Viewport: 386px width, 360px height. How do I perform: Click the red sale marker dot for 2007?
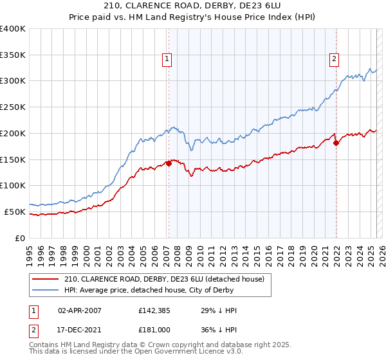(169, 163)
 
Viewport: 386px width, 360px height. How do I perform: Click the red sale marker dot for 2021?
(336, 143)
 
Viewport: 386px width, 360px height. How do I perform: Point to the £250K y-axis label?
(13, 107)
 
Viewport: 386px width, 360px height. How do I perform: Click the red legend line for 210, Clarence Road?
(45, 279)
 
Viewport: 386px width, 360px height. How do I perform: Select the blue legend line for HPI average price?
(45, 291)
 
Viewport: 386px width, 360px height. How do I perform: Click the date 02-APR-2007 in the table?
(80, 311)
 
